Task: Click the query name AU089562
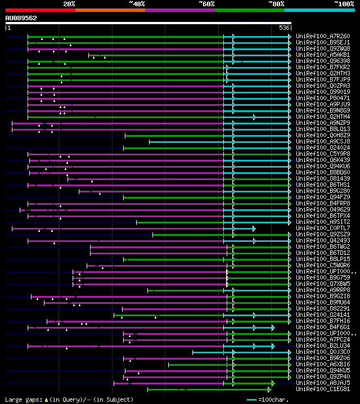click(21, 18)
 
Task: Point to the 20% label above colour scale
click(69, 4)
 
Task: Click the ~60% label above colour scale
click(206, 4)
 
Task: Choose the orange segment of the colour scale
click(110, 10)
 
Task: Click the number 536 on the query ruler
click(284, 28)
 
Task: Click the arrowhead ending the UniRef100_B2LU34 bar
click(273, 345)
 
